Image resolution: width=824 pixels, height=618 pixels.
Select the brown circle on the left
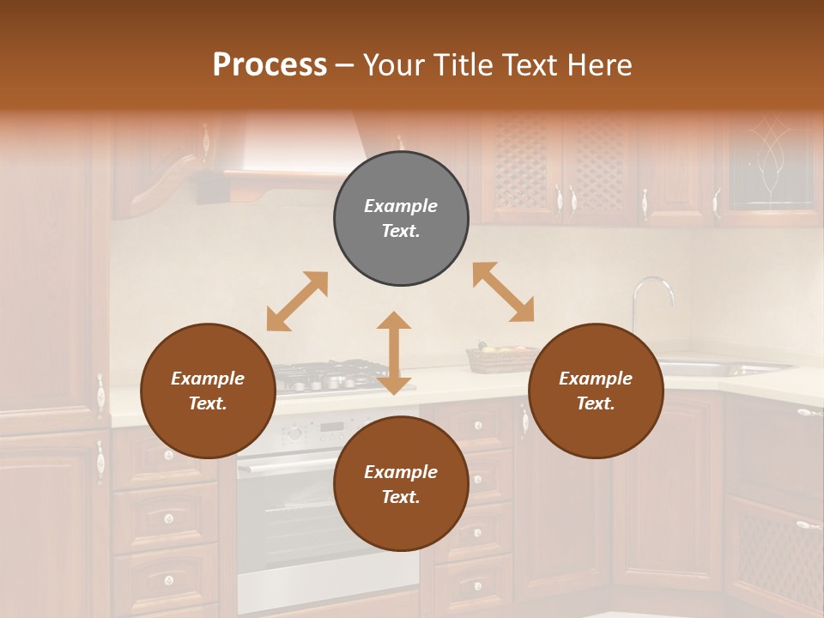208,391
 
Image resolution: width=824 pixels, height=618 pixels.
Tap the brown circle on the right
596,391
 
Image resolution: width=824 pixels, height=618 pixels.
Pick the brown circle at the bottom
401,483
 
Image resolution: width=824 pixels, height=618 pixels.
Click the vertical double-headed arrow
394,353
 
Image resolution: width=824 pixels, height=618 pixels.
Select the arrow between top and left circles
297,301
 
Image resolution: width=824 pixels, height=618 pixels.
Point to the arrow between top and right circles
503,292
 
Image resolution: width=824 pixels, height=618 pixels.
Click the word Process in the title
270,64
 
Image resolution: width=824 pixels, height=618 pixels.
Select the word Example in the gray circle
401,206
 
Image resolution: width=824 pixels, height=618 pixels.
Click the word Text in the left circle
207,403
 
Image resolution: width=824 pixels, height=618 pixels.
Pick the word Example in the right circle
596,379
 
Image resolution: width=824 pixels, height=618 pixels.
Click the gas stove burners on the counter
326,376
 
